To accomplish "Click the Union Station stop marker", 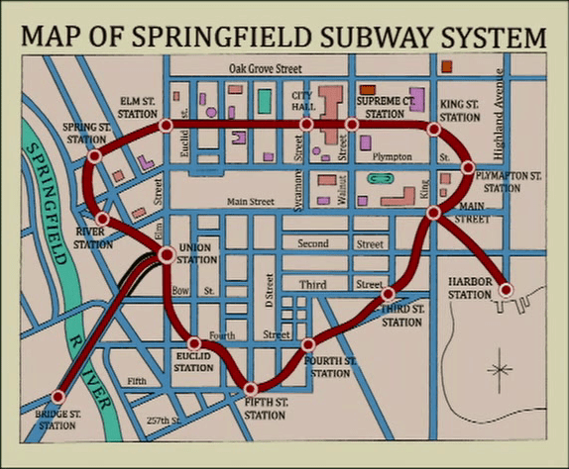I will coord(166,254).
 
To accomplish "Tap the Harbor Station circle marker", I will coord(506,290).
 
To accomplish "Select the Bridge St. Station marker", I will coord(57,397).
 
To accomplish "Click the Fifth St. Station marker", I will coord(251,389).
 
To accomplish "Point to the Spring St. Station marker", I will coord(94,156).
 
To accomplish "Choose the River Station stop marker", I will coord(103,218).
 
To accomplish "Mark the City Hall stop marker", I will coord(306,124).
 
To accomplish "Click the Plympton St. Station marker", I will coord(469,167).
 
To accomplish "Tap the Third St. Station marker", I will coord(389,294).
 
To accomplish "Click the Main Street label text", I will coord(250,202).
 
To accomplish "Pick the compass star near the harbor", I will coord(500,371).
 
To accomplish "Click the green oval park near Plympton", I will coord(378,179).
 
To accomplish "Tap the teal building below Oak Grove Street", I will coord(265,100).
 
